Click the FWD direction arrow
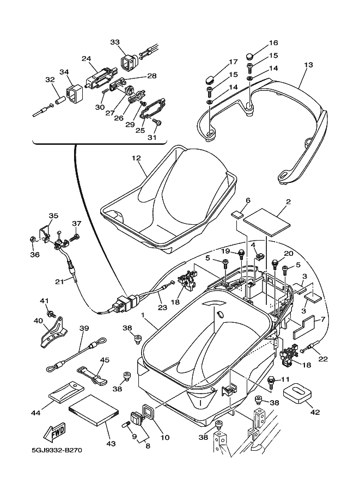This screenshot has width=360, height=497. click(55, 433)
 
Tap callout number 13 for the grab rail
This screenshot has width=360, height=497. click(308, 65)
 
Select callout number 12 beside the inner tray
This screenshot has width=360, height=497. click(136, 158)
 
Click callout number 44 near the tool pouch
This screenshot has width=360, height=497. click(36, 414)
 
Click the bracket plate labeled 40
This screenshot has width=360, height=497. click(53, 332)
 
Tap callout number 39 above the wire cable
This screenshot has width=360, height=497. click(84, 328)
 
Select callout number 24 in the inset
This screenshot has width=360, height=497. click(86, 59)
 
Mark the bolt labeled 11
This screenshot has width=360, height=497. click(271, 379)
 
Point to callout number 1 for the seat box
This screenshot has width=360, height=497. click(142, 316)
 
